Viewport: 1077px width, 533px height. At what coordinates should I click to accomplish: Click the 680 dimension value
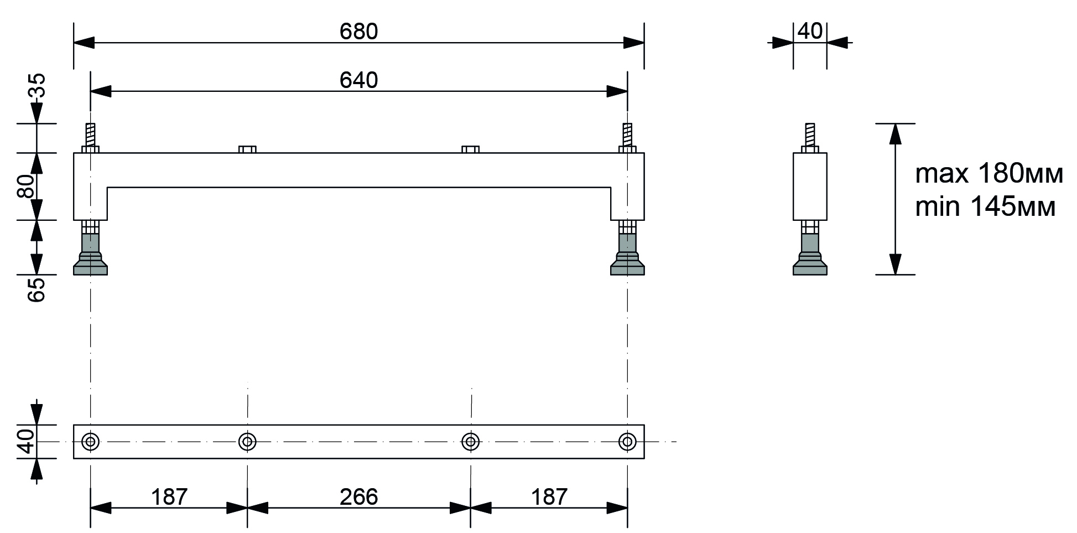358,32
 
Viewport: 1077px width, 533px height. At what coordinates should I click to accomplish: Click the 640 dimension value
358,81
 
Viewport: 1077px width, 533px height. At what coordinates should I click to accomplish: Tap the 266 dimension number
358,497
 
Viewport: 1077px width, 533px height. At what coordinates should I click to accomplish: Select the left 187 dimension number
169,497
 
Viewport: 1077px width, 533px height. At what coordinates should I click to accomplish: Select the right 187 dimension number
549,497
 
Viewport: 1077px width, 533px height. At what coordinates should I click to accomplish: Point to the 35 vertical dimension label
37,86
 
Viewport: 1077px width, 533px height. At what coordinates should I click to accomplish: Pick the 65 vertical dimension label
37,289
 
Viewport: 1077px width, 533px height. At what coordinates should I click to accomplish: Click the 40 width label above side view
810,32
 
